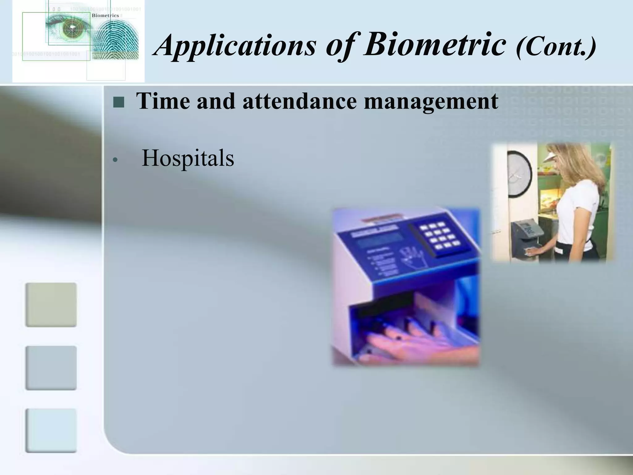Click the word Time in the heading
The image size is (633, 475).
coord(163,101)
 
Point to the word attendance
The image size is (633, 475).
coord(299,101)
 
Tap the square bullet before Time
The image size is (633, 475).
coord(118,102)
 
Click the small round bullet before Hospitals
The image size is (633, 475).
coord(115,160)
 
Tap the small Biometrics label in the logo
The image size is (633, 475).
coord(105,15)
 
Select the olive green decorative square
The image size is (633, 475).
coord(51,305)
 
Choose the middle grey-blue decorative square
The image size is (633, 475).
coord(51,368)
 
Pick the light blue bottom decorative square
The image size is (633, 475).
coord(51,430)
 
